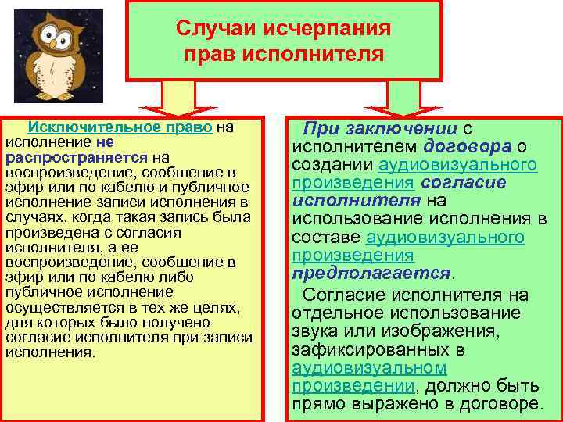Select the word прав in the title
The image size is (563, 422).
tap(212, 55)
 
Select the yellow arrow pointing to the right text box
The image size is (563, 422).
tap(396, 99)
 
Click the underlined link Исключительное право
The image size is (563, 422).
tap(120, 127)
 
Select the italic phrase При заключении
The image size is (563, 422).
tap(380, 129)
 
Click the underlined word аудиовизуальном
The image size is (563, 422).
tap(368, 367)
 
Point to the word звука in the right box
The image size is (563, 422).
tap(314, 331)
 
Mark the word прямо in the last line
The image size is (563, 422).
tap(318, 404)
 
